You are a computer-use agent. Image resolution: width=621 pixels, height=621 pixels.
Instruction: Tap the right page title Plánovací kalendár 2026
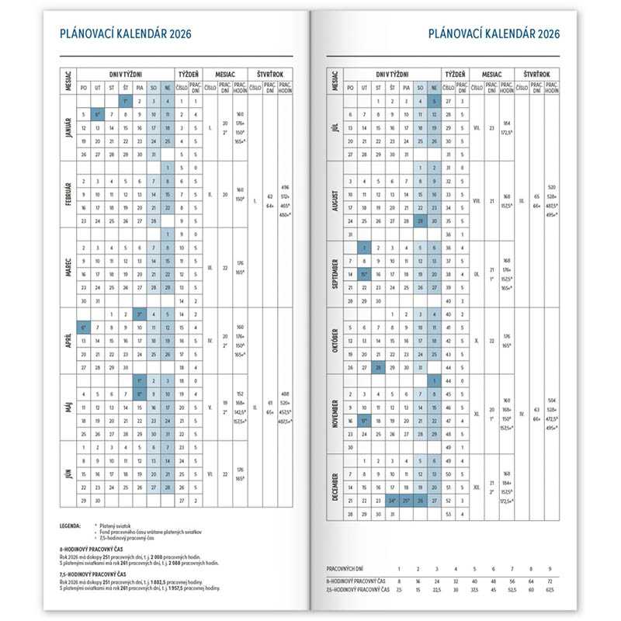[494, 33]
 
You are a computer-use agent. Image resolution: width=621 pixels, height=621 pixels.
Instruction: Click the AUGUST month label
[335, 199]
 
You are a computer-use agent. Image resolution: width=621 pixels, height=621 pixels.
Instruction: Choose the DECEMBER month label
[335, 486]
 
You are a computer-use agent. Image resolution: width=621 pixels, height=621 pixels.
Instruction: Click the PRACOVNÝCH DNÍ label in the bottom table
[349, 570]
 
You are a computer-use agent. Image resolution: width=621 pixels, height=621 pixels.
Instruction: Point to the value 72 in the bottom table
[549, 580]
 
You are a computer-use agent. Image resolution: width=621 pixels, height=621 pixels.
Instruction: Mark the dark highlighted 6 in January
[97, 114]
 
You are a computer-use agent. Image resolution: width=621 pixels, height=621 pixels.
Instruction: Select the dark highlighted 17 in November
[365, 421]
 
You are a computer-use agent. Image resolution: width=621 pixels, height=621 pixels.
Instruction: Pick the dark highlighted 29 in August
[420, 221]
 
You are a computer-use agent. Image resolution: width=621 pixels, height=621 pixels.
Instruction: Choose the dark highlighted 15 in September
[365, 274]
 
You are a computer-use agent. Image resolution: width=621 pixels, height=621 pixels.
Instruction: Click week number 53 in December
[449, 513]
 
